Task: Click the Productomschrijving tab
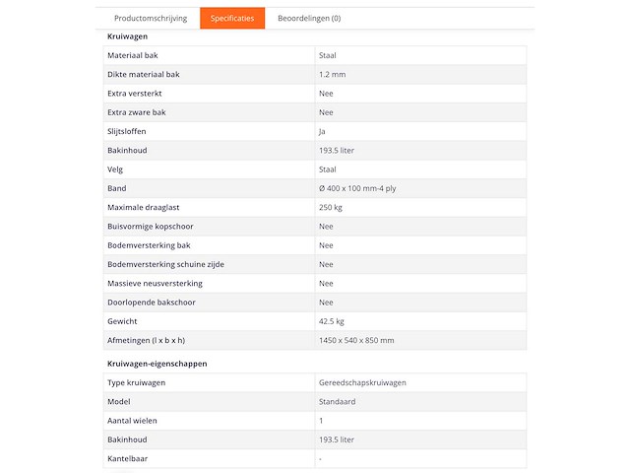[x=150, y=19]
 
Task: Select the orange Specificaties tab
[x=232, y=19]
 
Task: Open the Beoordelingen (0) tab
[x=309, y=19]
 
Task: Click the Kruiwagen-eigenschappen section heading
[x=157, y=364]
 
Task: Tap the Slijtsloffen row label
[x=127, y=131]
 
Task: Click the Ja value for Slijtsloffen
[x=323, y=131]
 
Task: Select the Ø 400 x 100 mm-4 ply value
[x=358, y=188]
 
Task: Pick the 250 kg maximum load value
[x=331, y=207]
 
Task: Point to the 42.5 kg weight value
[x=332, y=321]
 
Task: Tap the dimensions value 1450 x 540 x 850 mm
[x=356, y=340]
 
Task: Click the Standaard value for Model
[x=337, y=402]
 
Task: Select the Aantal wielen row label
[x=132, y=421]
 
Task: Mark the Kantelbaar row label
[x=128, y=459]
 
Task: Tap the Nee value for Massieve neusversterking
[x=326, y=283]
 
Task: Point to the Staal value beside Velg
[x=328, y=169]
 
